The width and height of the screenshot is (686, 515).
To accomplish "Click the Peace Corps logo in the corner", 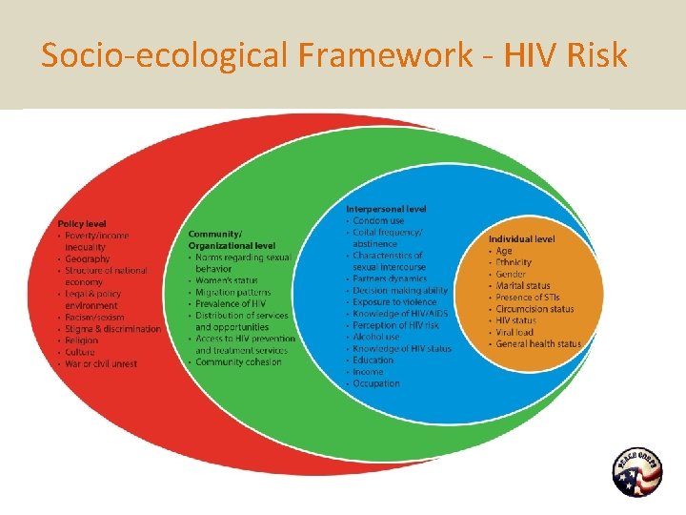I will (636, 473).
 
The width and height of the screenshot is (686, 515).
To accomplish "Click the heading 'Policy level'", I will (82, 223).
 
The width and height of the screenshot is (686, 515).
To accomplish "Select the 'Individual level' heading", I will (521, 238).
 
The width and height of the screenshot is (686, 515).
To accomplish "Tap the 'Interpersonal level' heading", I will (385, 209).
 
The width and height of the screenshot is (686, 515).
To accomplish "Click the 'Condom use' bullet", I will (377, 221).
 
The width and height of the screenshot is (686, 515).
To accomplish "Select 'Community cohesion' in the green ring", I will (238, 361).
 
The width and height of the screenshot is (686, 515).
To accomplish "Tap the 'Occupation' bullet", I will (375, 383).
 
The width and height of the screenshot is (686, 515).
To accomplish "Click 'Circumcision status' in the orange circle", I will (535, 309).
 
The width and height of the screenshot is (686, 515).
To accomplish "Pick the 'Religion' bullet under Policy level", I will (83, 340).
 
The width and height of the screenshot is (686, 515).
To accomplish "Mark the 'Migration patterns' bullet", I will (232, 292).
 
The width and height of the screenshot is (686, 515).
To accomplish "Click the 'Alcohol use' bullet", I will (375, 337).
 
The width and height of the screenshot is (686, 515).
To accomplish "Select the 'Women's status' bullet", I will (226, 280).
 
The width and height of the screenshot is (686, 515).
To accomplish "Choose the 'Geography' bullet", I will (87, 258).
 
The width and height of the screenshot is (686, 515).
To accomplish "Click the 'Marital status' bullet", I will (522, 285).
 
